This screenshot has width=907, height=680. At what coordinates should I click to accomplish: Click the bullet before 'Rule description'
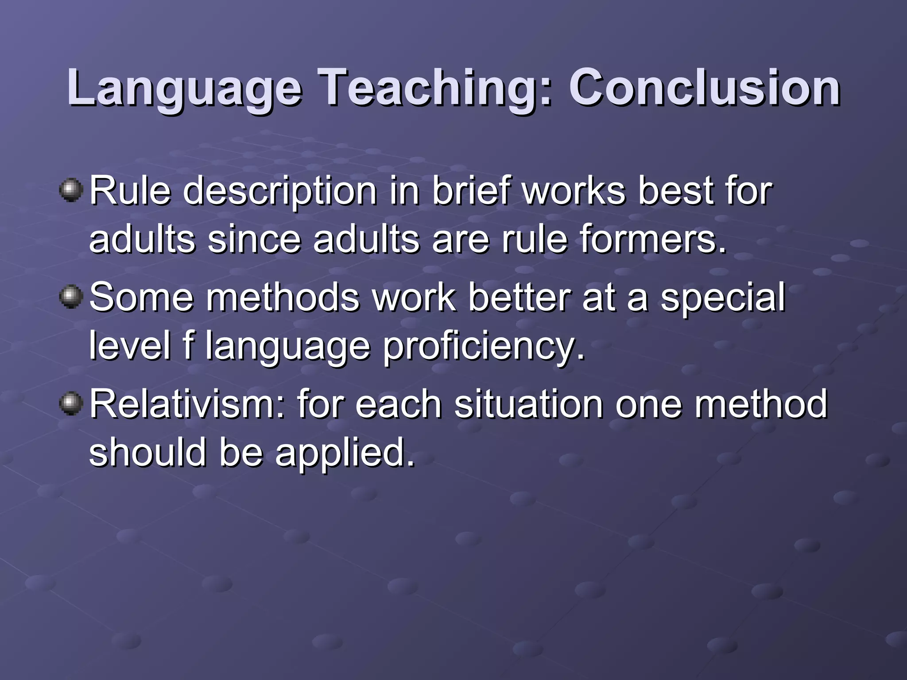pyautogui.click(x=71, y=190)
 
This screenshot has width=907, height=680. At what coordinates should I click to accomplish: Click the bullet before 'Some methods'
pyautogui.click(x=71, y=297)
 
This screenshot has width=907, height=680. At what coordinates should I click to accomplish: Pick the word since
pyautogui.click(x=254, y=240)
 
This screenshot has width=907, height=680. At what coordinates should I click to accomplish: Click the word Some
pyautogui.click(x=142, y=297)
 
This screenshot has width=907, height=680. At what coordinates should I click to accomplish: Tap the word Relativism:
pyautogui.click(x=188, y=404)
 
